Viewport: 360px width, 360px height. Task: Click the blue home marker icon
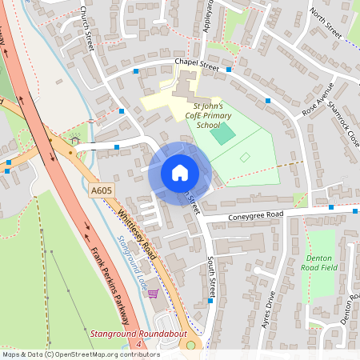[179, 173]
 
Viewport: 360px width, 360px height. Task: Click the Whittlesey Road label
[135, 233]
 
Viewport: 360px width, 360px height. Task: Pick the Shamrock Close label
[344, 127]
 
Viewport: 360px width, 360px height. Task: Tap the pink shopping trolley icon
[153, 294]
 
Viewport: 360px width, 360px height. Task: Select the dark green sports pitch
[224, 133]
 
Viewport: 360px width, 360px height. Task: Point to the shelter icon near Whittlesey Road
[75, 140]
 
